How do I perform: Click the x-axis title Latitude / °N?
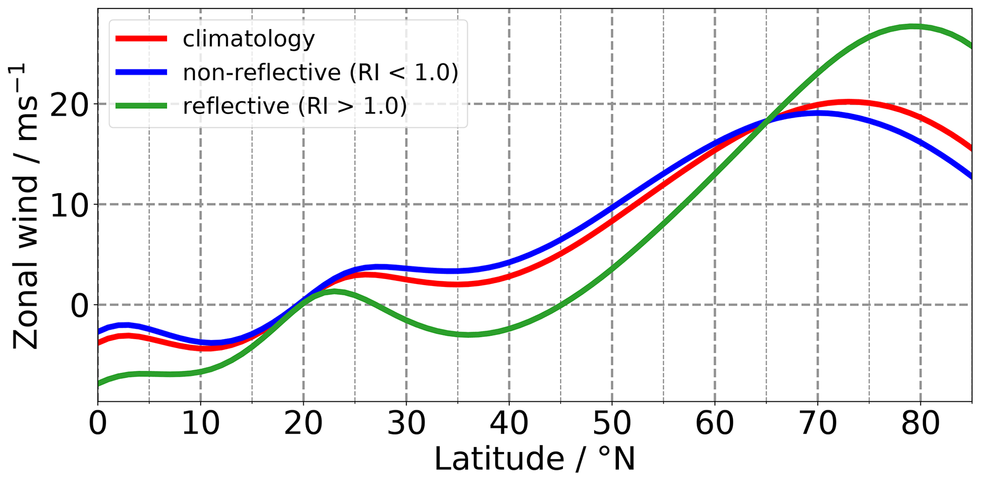pos(534,459)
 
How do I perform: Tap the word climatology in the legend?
pos(249,39)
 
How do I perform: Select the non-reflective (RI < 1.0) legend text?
pos(321,73)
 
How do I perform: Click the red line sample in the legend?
pos(141,39)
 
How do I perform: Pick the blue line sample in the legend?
pos(141,73)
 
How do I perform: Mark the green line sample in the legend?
pos(141,106)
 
